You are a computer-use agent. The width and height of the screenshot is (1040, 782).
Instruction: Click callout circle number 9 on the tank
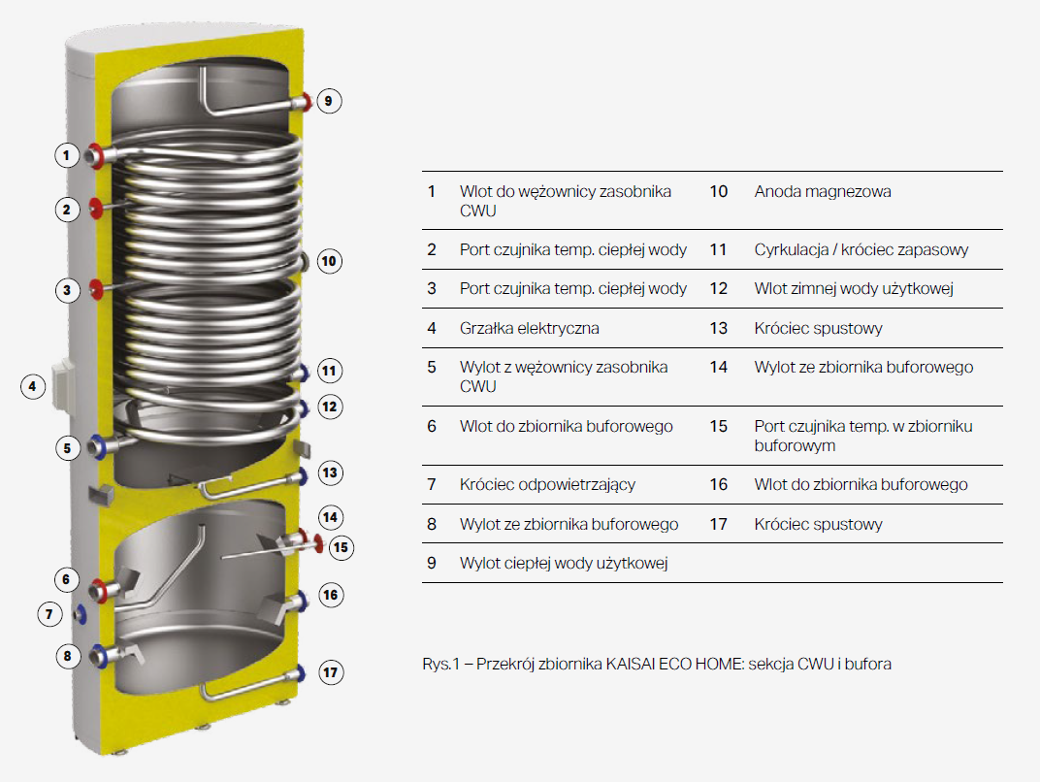328,102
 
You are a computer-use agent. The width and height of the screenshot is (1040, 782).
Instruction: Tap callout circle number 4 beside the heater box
33,387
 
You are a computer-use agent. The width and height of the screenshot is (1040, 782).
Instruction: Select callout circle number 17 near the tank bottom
330,672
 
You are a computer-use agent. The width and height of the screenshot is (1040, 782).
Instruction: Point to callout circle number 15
341,547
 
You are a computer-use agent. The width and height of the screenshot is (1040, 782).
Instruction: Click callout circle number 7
49,614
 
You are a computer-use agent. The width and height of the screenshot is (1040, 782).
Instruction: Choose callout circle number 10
329,261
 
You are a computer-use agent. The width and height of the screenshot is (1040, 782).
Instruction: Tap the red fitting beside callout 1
97,155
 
